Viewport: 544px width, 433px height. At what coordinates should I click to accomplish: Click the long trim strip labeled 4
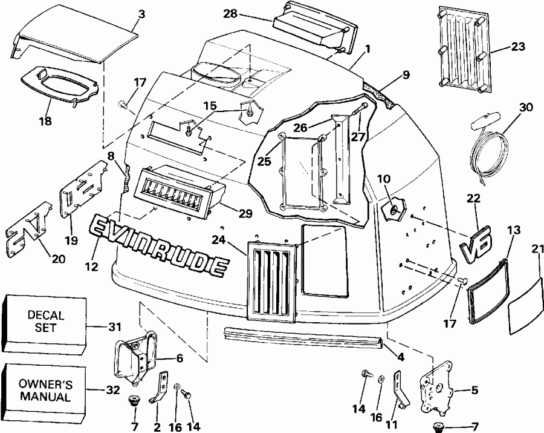[302, 336]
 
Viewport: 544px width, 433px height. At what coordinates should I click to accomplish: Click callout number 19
[72, 240]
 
